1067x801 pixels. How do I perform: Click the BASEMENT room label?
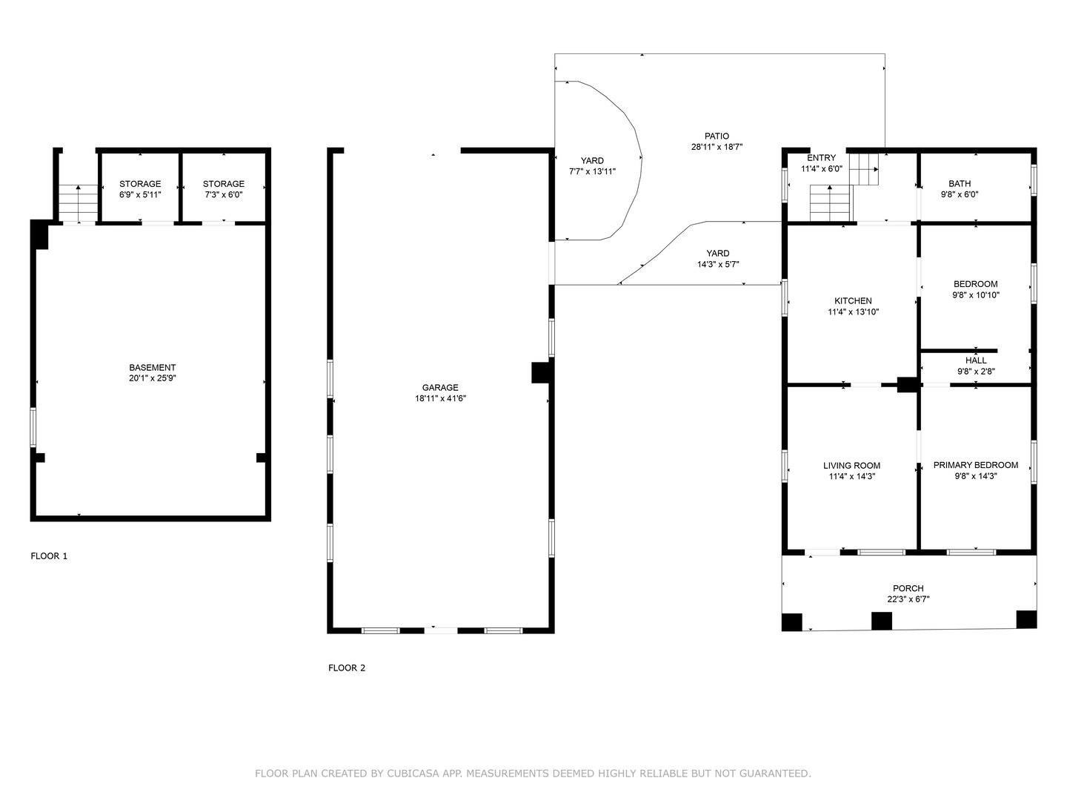pyautogui.click(x=152, y=368)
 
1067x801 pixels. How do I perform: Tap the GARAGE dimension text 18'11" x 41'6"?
pyautogui.click(x=440, y=398)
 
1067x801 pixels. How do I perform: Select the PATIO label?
pyautogui.click(x=717, y=136)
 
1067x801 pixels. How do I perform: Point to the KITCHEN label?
pyautogui.click(x=853, y=301)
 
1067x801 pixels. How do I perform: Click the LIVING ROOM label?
pyautogui.click(x=851, y=466)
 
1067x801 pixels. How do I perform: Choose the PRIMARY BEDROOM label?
pyautogui.click(x=976, y=465)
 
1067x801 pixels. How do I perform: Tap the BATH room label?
pyautogui.click(x=960, y=184)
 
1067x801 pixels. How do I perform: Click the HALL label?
pyautogui.click(x=976, y=360)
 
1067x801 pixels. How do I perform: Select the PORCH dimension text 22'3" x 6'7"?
pyautogui.click(x=908, y=599)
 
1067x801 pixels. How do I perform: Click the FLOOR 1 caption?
pyautogui.click(x=49, y=556)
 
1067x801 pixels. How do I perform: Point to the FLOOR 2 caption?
pyautogui.click(x=347, y=667)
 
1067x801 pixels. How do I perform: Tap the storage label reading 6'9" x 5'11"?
pyautogui.click(x=140, y=194)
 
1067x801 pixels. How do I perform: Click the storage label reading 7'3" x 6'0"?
pyautogui.click(x=224, y=194)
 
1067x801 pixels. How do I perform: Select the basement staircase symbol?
pyautogui.click(x=79, y=203)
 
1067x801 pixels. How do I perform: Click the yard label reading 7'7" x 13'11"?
pyautogui.click(x=592, y=171)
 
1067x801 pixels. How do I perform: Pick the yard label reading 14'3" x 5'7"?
pyautogui.click(x=718, y=264)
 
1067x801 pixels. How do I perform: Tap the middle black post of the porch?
pyautogui.click(x=881, y=621)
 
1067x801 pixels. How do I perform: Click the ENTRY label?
pyautogui.click(x=822, y=158)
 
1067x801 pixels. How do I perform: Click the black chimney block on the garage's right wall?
pyautogui.click(x=542, y=372)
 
